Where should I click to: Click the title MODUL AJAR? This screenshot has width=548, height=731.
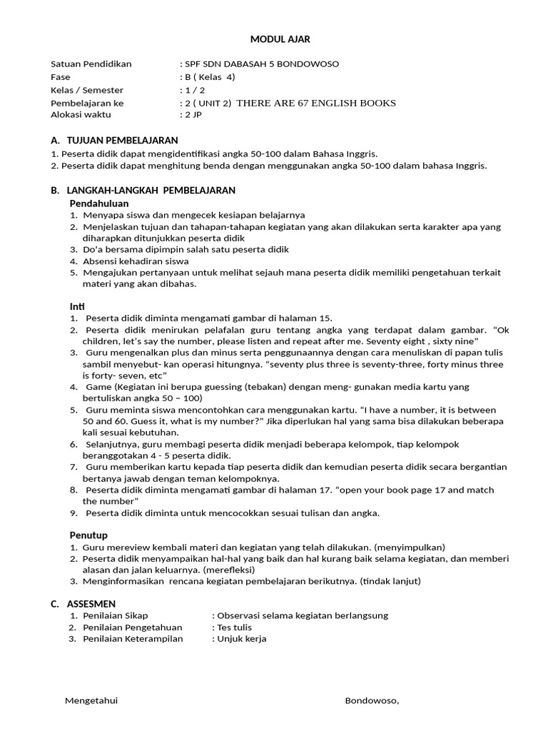tap(280, 39)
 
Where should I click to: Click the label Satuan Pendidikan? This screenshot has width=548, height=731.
tap(91, 64)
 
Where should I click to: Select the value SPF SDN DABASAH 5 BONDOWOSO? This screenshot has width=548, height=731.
tap(261, 64)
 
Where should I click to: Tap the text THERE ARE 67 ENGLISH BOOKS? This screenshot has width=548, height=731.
tap(315, 103)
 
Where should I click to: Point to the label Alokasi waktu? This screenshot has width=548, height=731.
tap(81, 115)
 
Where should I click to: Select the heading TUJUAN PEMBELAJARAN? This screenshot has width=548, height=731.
tap(122, 141)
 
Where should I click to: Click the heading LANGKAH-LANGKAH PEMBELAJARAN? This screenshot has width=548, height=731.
tap(151, 191)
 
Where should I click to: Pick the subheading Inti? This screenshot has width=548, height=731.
tap(77, 306)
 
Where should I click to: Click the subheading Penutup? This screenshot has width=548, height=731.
tap(88, 535)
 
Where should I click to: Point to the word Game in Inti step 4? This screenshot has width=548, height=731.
tap(97, 387)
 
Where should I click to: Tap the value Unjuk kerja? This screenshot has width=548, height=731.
tap(241, 639)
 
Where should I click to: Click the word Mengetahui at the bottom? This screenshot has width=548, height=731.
tap(91, 700)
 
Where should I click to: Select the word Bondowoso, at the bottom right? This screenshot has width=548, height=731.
tap(372, 700)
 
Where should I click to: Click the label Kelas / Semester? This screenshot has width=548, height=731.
tap(87, 90)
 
